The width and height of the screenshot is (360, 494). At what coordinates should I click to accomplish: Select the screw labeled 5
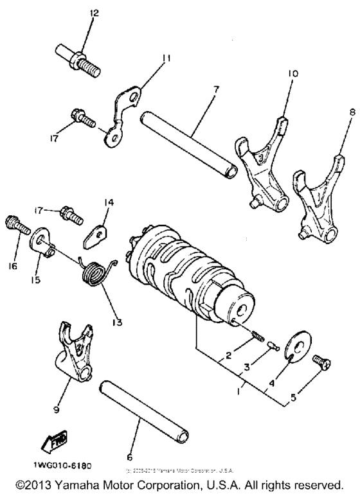pos(322,364)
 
